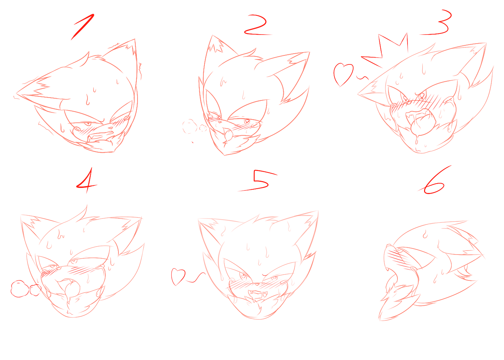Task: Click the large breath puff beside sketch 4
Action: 19,289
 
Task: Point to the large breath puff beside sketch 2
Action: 189,126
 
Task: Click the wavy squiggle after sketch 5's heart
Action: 195,278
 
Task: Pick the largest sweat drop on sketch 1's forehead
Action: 87,100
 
